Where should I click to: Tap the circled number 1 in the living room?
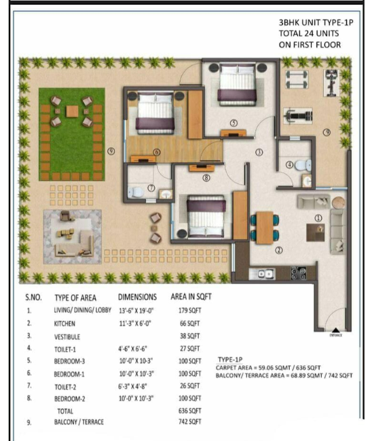point(318,217)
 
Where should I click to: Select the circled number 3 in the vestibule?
point(259,152)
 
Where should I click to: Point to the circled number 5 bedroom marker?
point(233,123)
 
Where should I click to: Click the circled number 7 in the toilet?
point(151,188)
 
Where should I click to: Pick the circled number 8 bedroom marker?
point(206,178)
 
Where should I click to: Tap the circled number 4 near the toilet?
point(290,164)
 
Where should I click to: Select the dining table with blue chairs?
point(265,225)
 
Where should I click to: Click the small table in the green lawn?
point(71,109)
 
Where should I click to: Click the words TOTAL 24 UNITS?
point(310,33)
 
